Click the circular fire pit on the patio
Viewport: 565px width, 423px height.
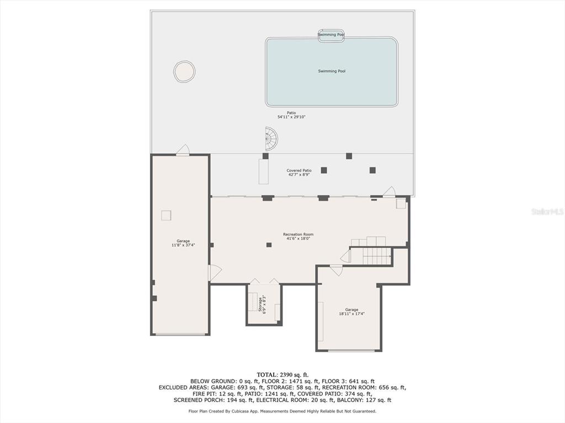pos(184,72)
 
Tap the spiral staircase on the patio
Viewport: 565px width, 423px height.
pos(271,139)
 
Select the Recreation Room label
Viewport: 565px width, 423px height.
pos(298,235)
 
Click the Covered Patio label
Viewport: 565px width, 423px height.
pos(299,171)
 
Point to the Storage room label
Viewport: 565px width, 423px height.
pos(260,304)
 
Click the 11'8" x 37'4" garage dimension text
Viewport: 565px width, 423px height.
pos(183,245)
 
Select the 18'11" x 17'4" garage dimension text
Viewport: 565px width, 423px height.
pos(351,313)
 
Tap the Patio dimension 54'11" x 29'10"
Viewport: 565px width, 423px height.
pos(291,117)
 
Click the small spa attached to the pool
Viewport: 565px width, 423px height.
pos(331,35)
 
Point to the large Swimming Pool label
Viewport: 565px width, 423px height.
pos(332,71)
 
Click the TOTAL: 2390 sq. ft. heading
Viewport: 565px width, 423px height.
pos(282,375)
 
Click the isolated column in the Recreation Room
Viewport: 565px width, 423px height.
pos(269,245)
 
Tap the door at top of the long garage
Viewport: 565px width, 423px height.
pos(183,150)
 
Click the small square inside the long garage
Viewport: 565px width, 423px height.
pos(166,215)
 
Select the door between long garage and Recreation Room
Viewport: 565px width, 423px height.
pos(215,273)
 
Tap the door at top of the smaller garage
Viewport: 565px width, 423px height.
pos(336,270)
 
